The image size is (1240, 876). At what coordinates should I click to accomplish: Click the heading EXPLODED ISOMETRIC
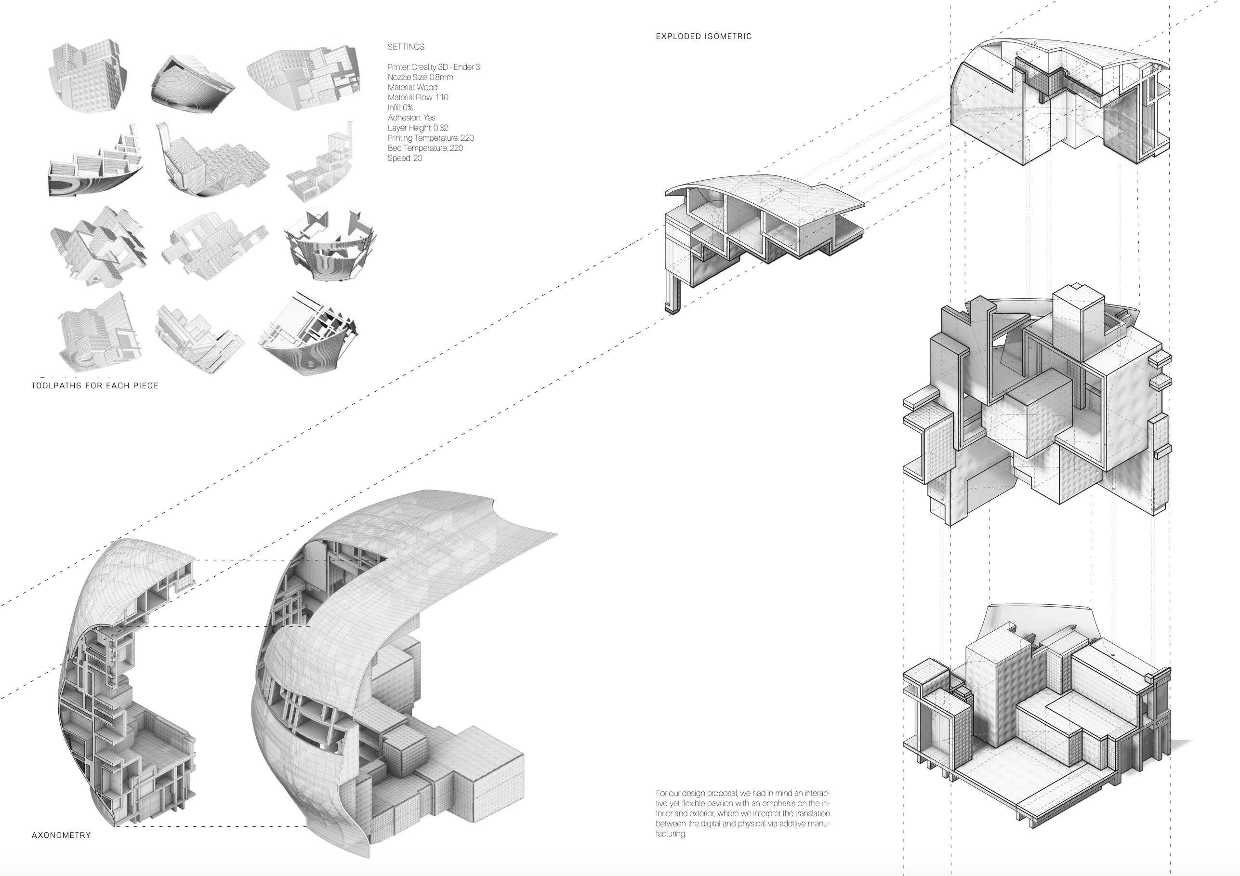click(703, 37)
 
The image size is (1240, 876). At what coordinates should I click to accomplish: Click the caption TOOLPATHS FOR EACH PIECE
click(95, 385)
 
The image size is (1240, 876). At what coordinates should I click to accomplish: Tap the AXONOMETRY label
click(61, 835)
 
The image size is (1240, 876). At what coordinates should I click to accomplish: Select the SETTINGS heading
click(406, 47)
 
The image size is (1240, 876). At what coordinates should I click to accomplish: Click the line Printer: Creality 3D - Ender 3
click(433, 67)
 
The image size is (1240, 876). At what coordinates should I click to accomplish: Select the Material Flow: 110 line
click(418, 98)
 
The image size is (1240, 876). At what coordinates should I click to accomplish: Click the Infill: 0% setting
click(400, 107)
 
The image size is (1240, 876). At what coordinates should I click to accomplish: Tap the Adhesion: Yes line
click(411, 118)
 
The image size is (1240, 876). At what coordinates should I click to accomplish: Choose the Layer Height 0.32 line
click(418, 128)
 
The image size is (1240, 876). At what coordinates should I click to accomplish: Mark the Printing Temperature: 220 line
click(431, 138)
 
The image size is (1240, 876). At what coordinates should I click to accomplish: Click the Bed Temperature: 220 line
click(425, 148)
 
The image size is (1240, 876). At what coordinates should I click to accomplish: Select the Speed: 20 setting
click(405, 158)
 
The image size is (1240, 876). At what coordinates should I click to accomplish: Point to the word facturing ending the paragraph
click(671, 834)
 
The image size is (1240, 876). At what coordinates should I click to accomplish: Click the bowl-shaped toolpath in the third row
click(329, 243)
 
